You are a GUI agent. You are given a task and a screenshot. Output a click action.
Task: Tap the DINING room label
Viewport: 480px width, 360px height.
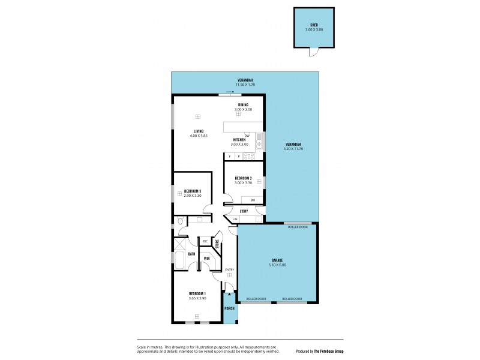click(243, 105)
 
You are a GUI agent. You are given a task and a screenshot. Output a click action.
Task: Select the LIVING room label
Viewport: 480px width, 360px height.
click(198, 131)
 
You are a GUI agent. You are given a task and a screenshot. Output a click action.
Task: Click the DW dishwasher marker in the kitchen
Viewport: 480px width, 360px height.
click(247, 135)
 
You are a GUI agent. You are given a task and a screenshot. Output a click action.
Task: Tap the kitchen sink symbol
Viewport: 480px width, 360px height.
click(259, 142)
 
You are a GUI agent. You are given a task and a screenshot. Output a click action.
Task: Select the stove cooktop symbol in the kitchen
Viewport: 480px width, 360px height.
click(250, 156)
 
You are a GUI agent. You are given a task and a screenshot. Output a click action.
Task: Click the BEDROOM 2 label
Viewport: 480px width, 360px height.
click(243, 178)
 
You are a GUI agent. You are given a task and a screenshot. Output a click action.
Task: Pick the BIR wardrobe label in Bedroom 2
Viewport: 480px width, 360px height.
click(253, 199)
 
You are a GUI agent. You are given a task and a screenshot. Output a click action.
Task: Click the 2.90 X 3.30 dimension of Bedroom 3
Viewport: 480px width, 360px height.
click(192, 196)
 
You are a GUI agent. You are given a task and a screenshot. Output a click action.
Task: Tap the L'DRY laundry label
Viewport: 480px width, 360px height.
click(244, 211)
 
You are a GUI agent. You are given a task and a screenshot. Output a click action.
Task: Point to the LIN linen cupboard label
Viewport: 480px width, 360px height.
click(235, 220)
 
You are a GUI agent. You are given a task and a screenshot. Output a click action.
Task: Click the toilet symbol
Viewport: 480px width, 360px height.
click(180, 222)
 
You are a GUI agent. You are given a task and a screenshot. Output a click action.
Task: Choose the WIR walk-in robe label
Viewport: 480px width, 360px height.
click(206, 259)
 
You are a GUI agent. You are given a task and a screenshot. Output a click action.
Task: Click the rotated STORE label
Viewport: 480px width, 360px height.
click(217, 244)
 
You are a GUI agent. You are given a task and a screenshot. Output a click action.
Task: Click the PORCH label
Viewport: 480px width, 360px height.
click(229, 308)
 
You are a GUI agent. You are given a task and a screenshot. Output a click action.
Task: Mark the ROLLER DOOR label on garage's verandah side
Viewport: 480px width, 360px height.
click(298, 227)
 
